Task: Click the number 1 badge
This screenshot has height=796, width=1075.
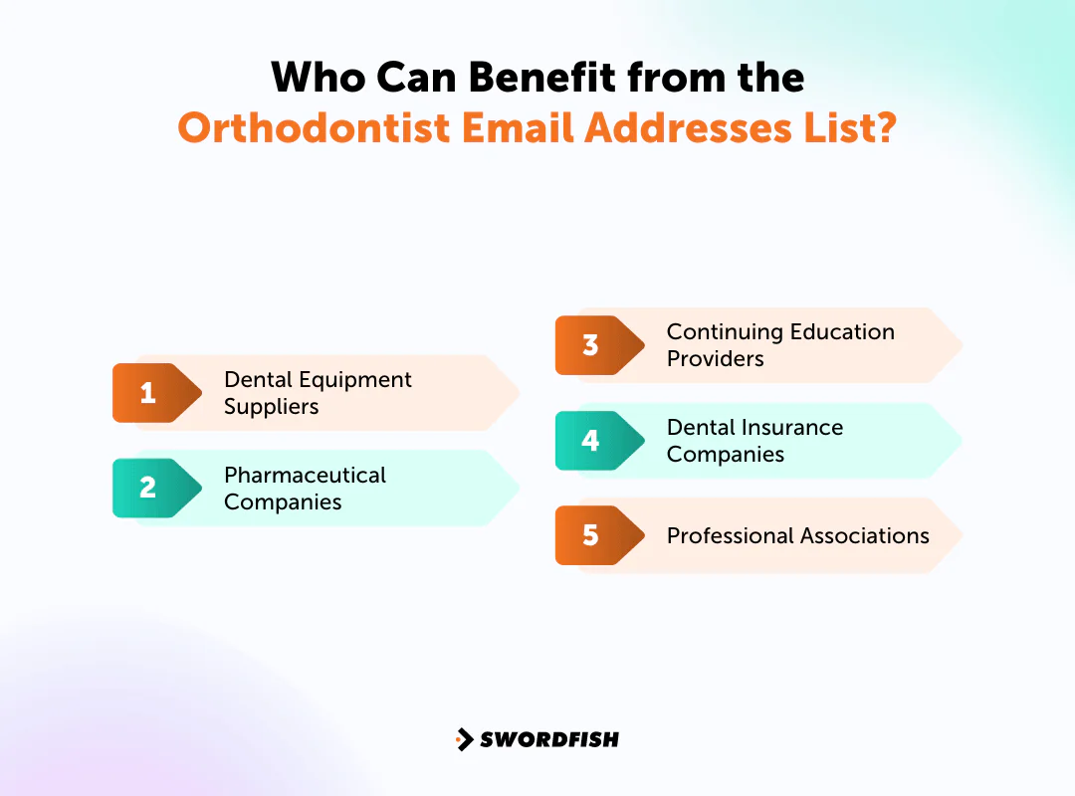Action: (147, 393)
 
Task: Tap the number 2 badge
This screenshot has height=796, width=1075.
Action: (147, 488)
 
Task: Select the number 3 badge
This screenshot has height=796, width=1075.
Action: (590, 345)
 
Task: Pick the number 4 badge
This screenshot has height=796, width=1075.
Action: (590, 441)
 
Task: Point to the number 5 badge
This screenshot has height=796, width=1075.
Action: (590, 535)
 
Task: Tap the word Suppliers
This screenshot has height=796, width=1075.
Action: (271, 407)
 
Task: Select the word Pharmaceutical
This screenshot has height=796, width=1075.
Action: (305, 475)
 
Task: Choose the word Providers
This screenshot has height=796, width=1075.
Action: (715, 359)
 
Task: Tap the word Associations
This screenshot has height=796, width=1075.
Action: (869, 535)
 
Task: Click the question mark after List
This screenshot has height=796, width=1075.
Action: (884, 128)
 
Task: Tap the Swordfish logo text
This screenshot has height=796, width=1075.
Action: (549, 739)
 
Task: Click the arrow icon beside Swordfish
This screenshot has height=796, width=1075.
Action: (464, 739)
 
